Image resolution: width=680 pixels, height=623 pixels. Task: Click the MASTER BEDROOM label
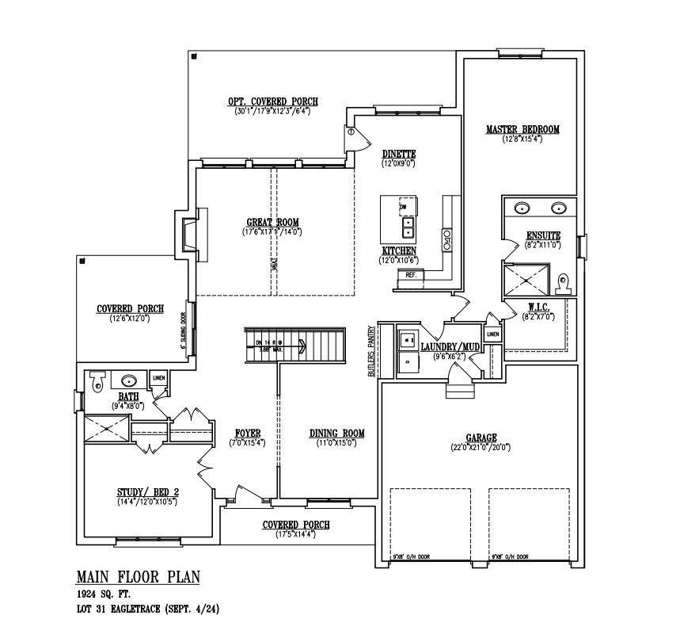pos(522,129)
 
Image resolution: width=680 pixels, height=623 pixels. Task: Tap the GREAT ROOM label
pos(272,223)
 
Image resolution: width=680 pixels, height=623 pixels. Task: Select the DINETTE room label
pos(398,154)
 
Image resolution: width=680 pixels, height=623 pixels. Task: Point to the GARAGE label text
pos(481,438)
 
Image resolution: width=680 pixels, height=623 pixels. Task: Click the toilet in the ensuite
pos(564,281)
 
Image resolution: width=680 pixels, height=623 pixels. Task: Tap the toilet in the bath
pos(97,381)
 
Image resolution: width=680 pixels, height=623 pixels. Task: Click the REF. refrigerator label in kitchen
pos(411,275)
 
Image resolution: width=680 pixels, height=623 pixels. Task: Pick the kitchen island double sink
pos(408,228)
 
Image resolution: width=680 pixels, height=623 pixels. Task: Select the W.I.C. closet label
pos(538,306)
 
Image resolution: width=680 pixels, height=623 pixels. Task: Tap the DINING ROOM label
pos(336,433)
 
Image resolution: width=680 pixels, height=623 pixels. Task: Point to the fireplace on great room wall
pos(189,234)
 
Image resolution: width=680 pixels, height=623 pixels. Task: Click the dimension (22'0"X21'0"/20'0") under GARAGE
pos(481,448)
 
